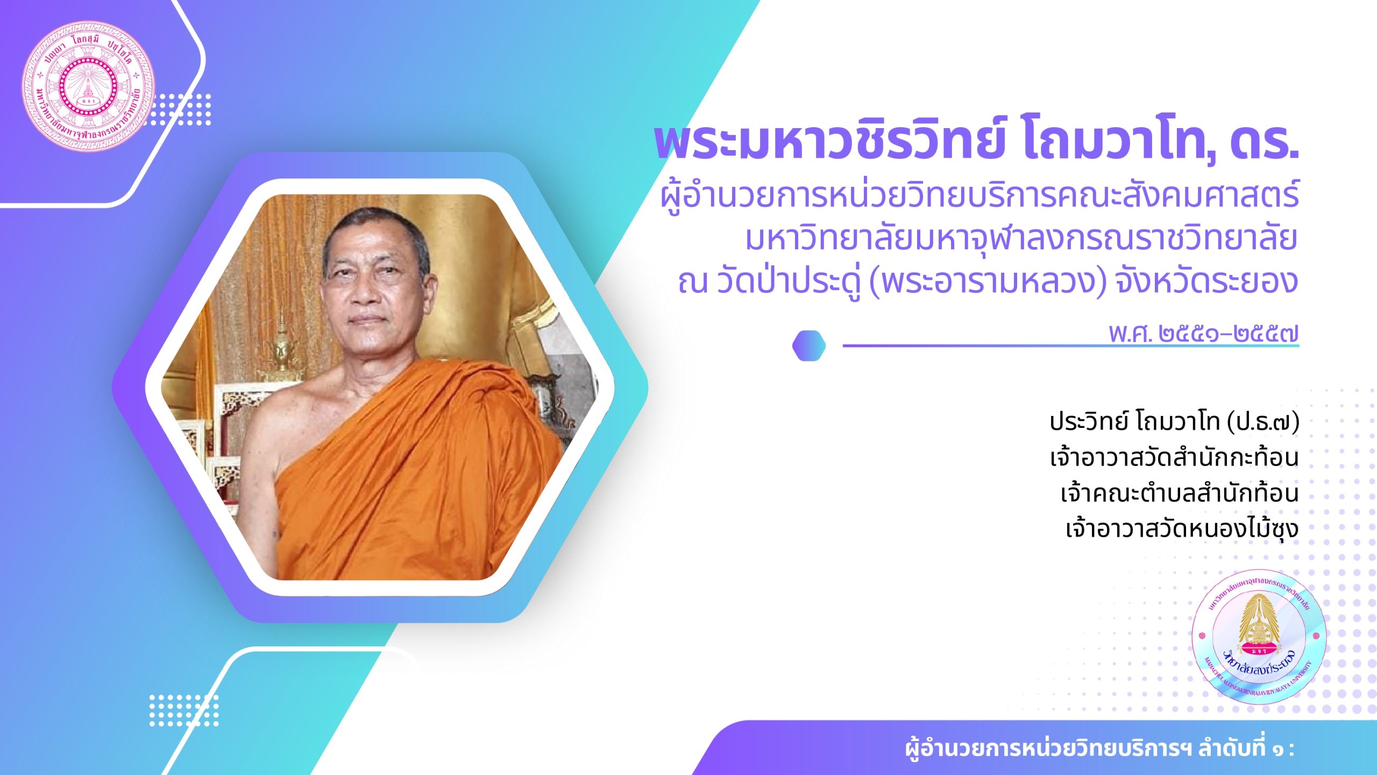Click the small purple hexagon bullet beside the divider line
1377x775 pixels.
pos(809,346)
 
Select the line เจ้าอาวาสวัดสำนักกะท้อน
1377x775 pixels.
pos(1174,457)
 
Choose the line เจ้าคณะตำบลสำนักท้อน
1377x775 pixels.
pos(1180,493)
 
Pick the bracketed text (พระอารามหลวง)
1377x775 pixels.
pos(988,282)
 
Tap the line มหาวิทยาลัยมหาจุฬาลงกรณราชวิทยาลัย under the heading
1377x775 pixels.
pos(1021,239)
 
